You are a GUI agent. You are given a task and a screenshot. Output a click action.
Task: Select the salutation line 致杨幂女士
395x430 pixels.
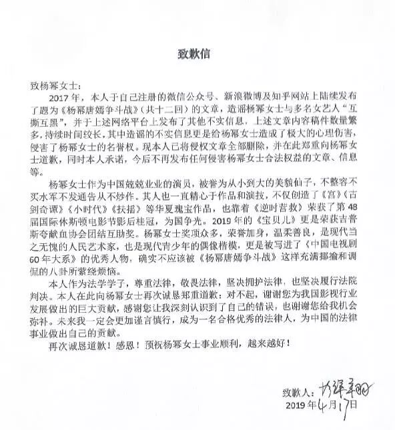(59, 87)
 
